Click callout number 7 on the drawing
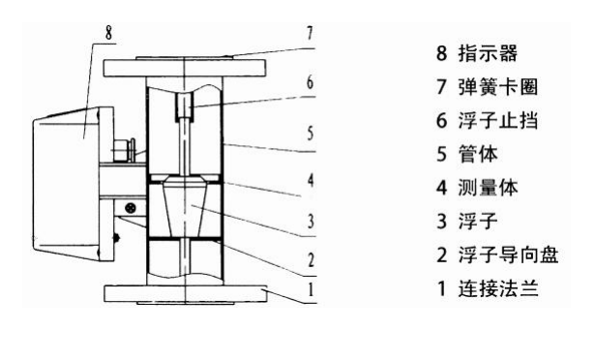click(310, 32)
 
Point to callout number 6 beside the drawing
click(310, 83)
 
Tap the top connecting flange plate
click(184, 70)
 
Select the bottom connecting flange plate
click(184, 292)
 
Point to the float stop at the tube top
click(185, 104)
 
